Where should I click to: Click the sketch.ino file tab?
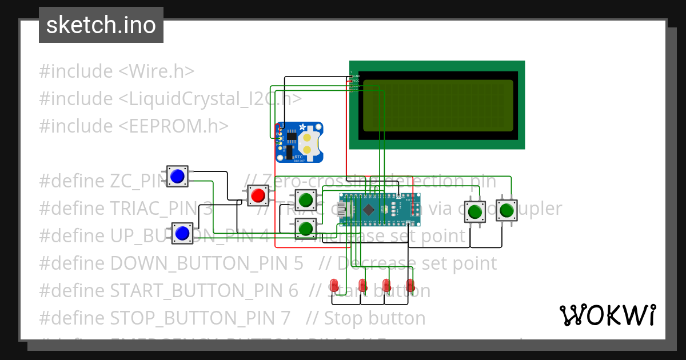(x=101, y=25)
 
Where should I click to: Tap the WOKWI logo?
(x=607, y=315)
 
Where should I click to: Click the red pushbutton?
(x=258, y=195)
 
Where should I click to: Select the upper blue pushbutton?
(x=177, y=176)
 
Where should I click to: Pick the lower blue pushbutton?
(x=182, y=233)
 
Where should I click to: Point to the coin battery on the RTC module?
(x=309, y=142)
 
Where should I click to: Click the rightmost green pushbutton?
(x=506, y=210)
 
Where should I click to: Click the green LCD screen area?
(x=438, y=105)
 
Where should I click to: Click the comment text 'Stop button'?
(x=374, y=318)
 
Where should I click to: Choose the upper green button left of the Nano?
(x=305, y=199)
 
